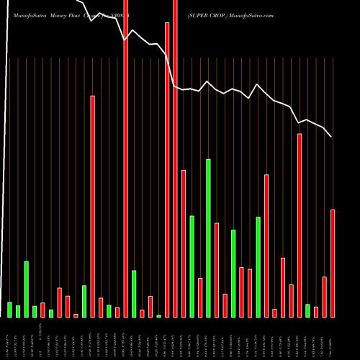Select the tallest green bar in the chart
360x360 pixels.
click(x=208, y=238)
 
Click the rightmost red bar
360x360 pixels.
click(x=333, y=263)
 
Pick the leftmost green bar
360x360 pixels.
click(x=9, y=309)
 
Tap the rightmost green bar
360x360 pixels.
click(x=307, y=310)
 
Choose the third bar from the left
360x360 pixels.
click(x=26, y=289)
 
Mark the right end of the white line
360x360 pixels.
click(x=331, y=137)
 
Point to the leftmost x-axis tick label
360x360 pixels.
click(x=9, y=338)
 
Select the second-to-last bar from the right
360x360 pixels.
click(x=325, y=297)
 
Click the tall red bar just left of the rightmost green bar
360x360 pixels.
click(x=300, y=225)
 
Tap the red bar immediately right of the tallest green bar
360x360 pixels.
click(x=217, y=270)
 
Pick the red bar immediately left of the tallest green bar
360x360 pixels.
click(x=200, y=297)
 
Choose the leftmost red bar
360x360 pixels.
click(x=42, y=310)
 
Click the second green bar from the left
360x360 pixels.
click(x=18, y=311)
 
